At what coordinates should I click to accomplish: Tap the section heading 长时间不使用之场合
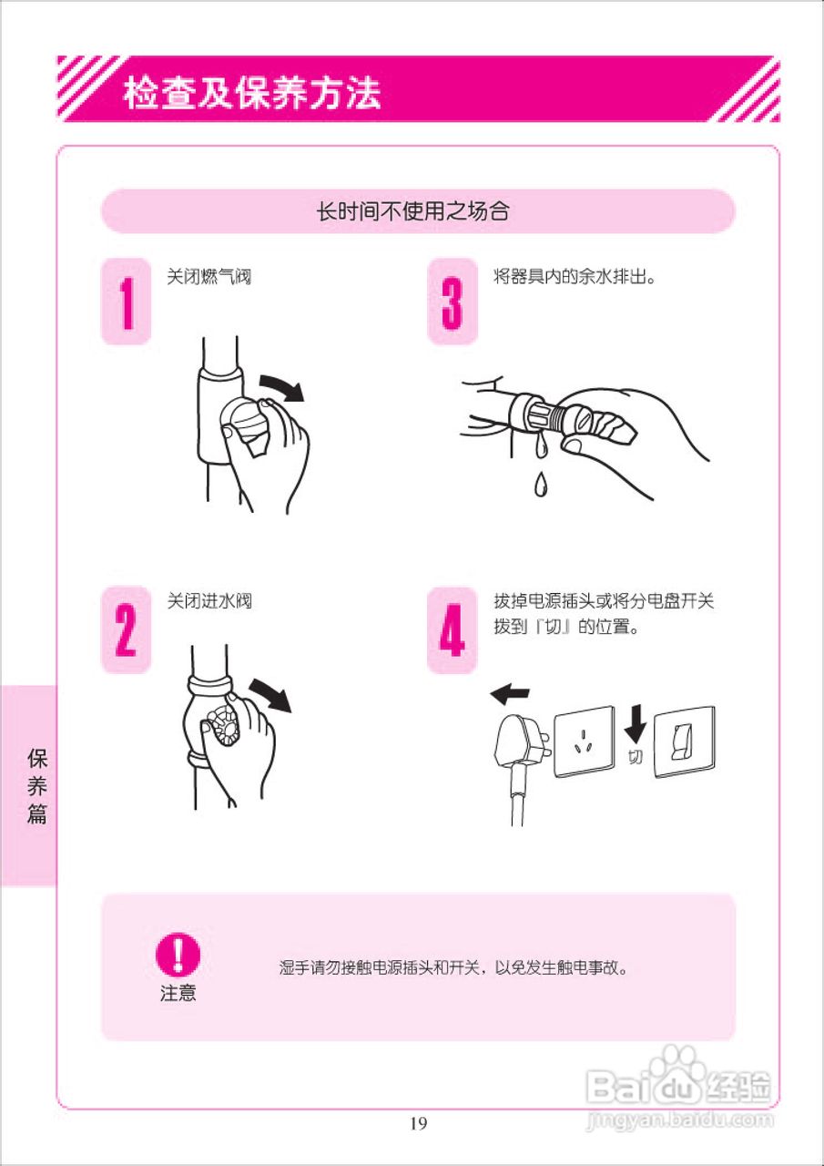tap(412, 212)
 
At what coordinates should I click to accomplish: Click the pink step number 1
tap(126, 302)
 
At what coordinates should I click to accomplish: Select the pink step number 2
tap(126, 629)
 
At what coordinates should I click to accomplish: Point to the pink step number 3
tap(452, 302)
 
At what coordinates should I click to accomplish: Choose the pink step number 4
tap(452, 629)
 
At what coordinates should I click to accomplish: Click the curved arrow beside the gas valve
tap(282, 386)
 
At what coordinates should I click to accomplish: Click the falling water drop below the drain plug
tap(540, 484)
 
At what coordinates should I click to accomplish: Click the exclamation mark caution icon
tap(178, 955)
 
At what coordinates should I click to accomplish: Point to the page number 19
tap(418, 1122)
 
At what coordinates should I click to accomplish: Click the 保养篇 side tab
tap(36, 785)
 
